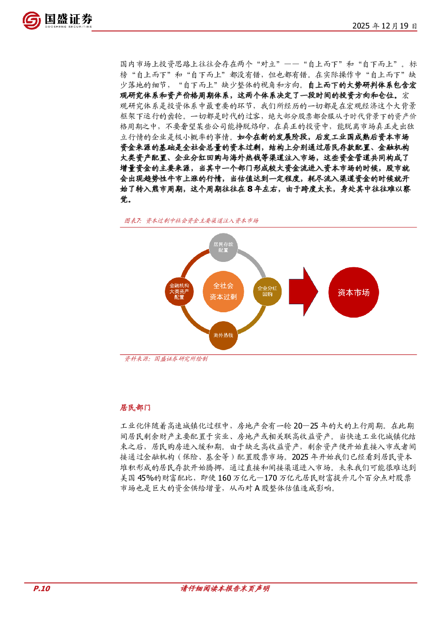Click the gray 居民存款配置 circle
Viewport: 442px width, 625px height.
(223, 247)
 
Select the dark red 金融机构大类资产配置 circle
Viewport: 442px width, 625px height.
(179, 291)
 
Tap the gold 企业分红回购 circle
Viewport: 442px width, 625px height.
(267, 291)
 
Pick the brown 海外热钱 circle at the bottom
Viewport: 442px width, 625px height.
(223, 335)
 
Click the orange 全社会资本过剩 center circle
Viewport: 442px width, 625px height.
(223, 291)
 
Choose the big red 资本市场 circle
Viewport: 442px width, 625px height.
(353, 292)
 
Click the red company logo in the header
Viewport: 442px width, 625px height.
(32, 20)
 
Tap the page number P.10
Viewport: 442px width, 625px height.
(41, 588)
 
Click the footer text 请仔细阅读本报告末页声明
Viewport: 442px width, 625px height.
(225, 588)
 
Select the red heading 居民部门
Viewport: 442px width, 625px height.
(135, 408)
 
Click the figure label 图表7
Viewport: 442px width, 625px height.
(133, 221)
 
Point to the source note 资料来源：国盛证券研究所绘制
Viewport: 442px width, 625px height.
(166, 359)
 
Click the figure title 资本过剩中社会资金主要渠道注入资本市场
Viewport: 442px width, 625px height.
(202, 221)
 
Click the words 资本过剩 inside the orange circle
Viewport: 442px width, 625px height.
(223, 297)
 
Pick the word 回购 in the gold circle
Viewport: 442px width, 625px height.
(267, 294)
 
